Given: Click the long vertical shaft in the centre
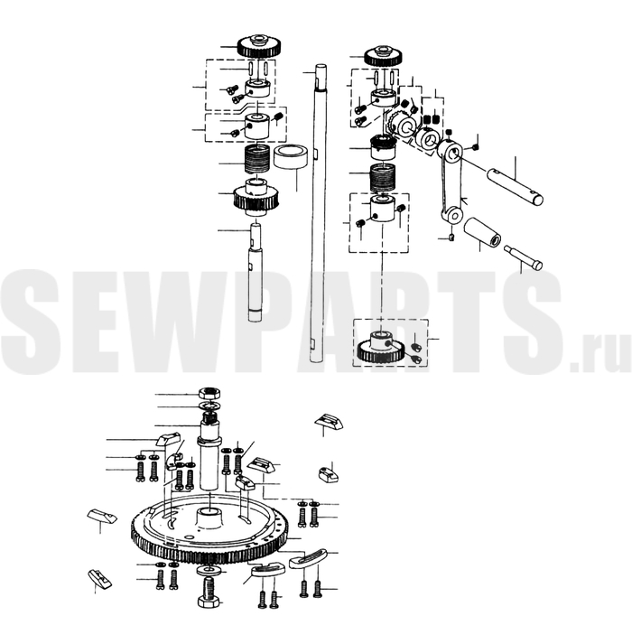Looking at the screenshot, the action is pos(320,213).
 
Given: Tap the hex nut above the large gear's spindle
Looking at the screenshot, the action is pos(209,393).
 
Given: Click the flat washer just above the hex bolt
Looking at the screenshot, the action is pos(209,571).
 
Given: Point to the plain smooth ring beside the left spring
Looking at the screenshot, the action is pos(291,157).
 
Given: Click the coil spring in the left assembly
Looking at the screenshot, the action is pos(256,160).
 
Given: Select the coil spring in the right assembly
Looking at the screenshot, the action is pos(383,178).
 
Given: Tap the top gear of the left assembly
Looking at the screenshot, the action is pos(259,46).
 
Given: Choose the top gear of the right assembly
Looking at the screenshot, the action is pos(383,55).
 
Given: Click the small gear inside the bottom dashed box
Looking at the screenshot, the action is pos(381,348).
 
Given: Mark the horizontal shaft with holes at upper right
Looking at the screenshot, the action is pos(516,185).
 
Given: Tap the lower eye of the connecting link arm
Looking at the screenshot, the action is pos(453,215).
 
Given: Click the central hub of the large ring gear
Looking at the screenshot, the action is pos(209,518).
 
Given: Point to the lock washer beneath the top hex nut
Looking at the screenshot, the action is pos(209,406).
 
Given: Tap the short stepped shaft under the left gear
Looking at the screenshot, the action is pos(256,272).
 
